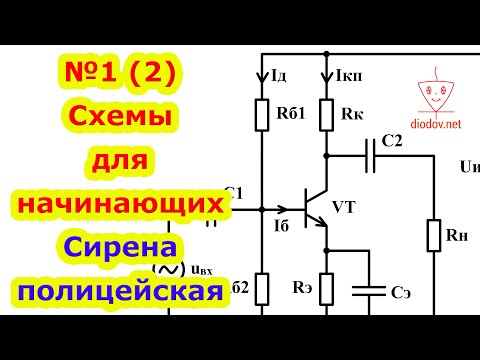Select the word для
(119, 160)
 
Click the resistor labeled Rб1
(263, 112)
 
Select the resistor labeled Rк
(326, 112)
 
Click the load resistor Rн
(434, 236)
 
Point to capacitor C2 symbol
(372, 157)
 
